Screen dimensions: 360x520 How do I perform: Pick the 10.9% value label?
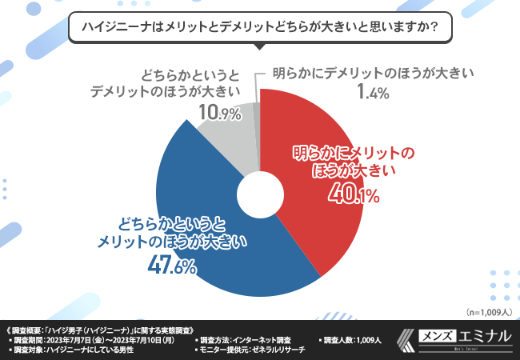click(x=219, y=113)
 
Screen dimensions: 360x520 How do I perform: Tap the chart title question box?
click(x=259, y=26)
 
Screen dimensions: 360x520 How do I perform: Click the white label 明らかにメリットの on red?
click(x=353, y=153)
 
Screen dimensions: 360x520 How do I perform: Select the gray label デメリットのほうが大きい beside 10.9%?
click(x=158, y=90)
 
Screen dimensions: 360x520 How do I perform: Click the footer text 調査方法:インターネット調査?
click(x=254, y=339)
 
